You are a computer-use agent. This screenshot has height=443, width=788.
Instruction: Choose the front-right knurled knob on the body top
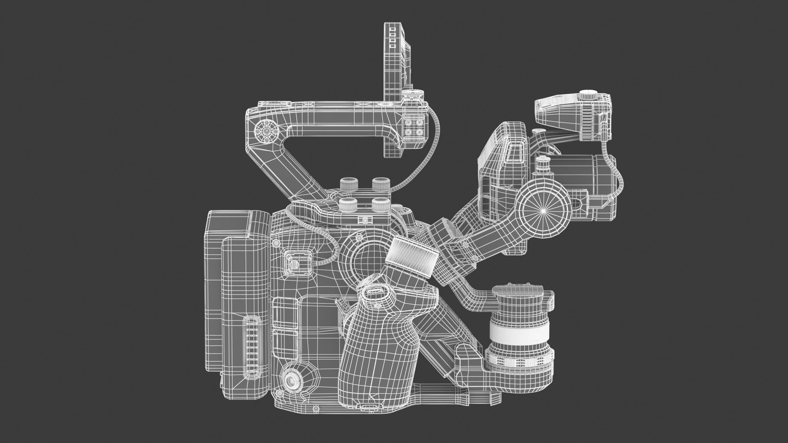point(381,204)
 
